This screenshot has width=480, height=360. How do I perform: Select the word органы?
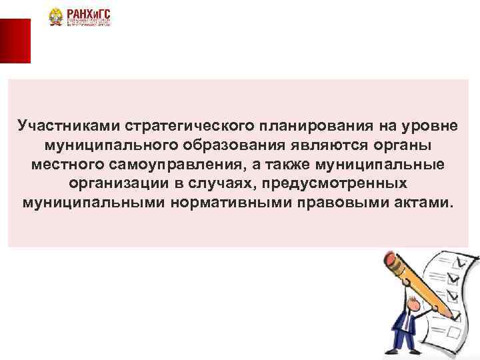403,145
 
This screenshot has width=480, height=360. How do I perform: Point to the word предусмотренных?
341,182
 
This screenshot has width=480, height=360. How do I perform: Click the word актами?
425,201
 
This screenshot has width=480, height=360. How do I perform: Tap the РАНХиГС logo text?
88,13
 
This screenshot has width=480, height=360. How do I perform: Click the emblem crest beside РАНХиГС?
55,17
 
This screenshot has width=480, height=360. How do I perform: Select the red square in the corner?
15,40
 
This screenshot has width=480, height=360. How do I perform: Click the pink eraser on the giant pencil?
389,259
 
